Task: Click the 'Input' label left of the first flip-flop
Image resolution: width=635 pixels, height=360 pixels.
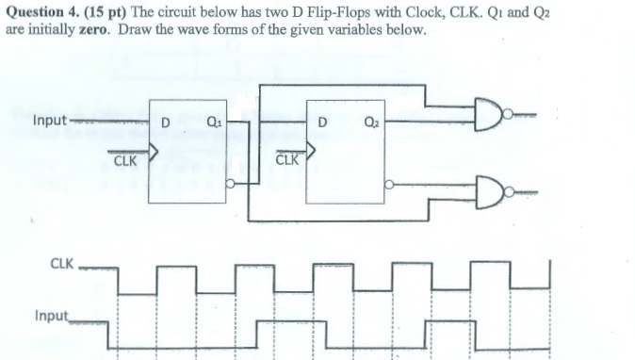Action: [48, 121]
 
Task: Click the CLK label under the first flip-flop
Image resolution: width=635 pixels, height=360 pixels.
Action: [125, 161]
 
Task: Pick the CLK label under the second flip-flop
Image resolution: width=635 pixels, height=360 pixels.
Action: [288, 159]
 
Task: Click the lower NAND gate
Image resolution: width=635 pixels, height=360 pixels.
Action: [491, 194]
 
